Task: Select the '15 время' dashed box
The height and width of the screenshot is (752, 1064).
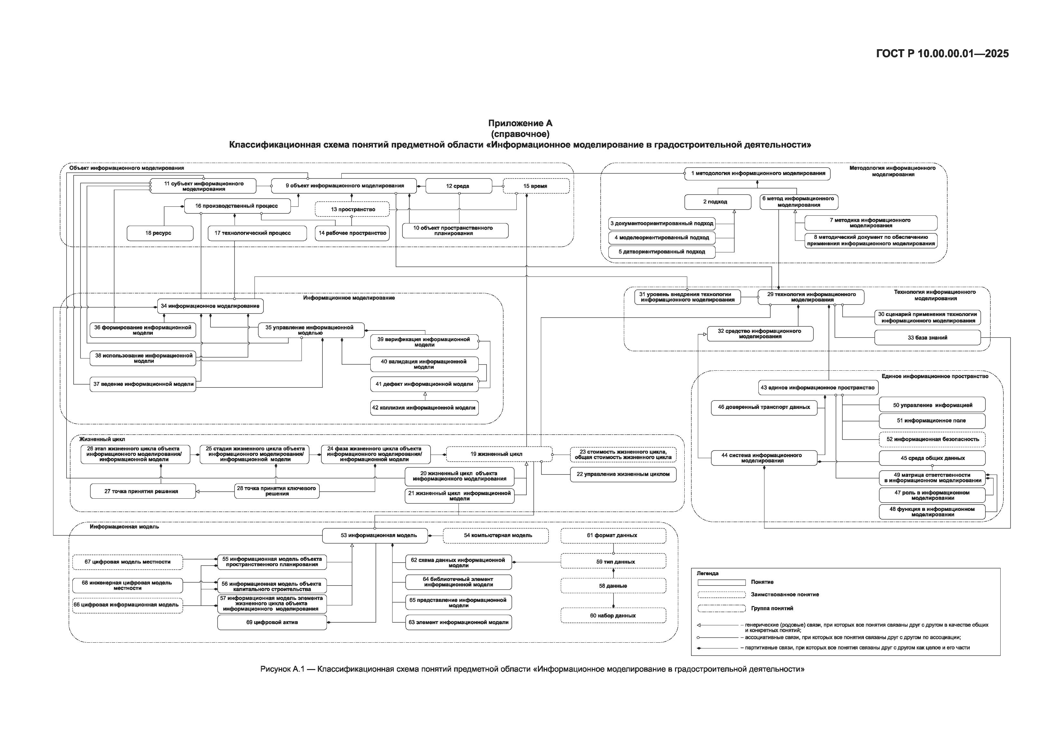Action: (x=536, y=186)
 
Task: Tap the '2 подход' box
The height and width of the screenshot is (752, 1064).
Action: (x=717, y=202)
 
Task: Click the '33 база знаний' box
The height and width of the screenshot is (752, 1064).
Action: (x=927, y=338)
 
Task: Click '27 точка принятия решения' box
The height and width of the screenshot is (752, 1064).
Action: (x=143, y=491)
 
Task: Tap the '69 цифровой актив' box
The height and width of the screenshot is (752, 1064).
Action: (x=272, y=622)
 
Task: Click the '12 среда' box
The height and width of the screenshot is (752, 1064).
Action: (x=458, y=186)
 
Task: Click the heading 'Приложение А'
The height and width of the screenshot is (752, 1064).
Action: (x=520, y=123)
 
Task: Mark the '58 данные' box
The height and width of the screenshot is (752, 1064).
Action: (x=613, y=586)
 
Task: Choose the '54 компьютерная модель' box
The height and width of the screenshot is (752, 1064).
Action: (x=495, y=536)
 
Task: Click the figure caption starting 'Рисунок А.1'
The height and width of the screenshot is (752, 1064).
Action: (x=532, y=669)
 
